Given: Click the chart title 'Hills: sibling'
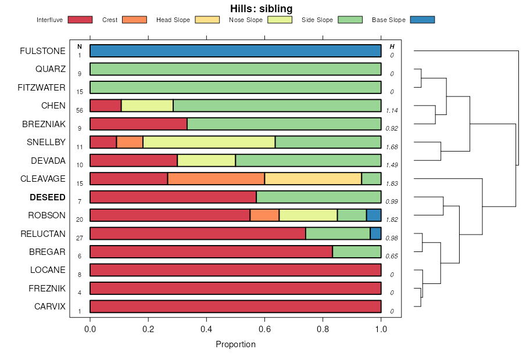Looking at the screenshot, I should coord(261,9).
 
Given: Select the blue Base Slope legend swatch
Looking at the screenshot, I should coord(422,20).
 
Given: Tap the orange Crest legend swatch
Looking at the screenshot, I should coord(134,20).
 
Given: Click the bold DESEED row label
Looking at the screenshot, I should coord(48,197).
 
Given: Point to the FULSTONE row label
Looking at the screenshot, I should coord(42,51).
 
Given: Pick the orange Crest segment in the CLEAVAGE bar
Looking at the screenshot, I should coord(216,179).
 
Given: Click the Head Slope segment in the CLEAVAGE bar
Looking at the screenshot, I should coord(313,179).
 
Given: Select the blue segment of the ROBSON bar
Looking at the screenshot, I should coord(373,215).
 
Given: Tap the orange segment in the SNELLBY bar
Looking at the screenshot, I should coord(130,142).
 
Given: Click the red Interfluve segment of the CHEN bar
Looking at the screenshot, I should coord(105,106).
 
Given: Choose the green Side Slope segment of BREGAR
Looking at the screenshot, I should coord(356,252).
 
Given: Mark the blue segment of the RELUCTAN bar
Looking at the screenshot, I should coord(375,233).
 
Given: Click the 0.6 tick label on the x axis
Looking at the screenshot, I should coord(264,329).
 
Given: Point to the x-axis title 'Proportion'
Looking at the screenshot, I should coord(235,344).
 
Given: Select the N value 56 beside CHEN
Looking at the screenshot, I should coord(80,110).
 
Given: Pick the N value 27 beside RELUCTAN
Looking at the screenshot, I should coord(80,238).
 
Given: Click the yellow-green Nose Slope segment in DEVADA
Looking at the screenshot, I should coord(206,161).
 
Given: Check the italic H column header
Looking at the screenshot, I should coord(392,46).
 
